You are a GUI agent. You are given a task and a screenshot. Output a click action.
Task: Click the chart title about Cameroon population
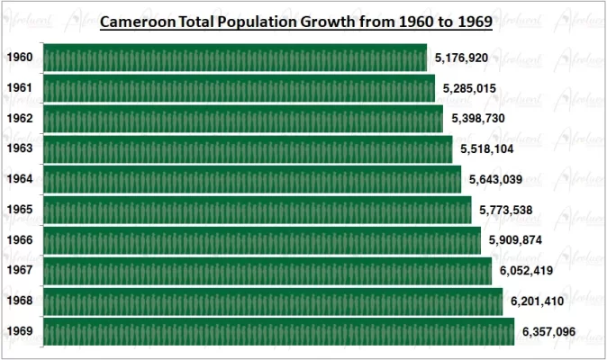295,21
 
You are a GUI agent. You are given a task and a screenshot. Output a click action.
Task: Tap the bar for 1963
247,149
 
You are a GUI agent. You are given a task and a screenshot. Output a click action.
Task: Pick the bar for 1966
261,240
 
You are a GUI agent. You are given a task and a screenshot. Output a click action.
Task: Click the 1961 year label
20,88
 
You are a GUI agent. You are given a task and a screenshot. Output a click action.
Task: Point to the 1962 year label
20,119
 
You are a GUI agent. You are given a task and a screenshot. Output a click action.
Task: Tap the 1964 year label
20,179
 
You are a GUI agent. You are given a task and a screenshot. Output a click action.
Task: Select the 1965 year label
20,210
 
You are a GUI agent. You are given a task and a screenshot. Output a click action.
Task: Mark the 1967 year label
20,271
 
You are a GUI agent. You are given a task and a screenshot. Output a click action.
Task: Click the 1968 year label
20,301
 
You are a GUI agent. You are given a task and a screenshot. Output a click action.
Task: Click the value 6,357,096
549,332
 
